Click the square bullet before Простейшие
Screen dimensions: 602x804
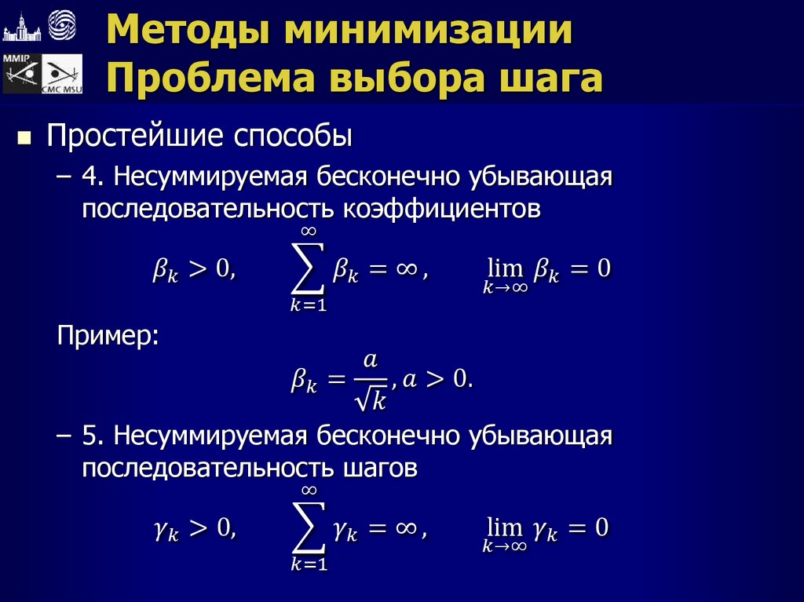[24, 140]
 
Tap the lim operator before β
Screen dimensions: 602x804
[503, 269]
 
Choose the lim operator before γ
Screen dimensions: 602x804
[503, 527]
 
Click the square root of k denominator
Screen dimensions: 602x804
[370, 400]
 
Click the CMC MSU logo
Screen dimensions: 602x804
[62, 75]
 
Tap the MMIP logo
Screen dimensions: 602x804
[20, 74]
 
